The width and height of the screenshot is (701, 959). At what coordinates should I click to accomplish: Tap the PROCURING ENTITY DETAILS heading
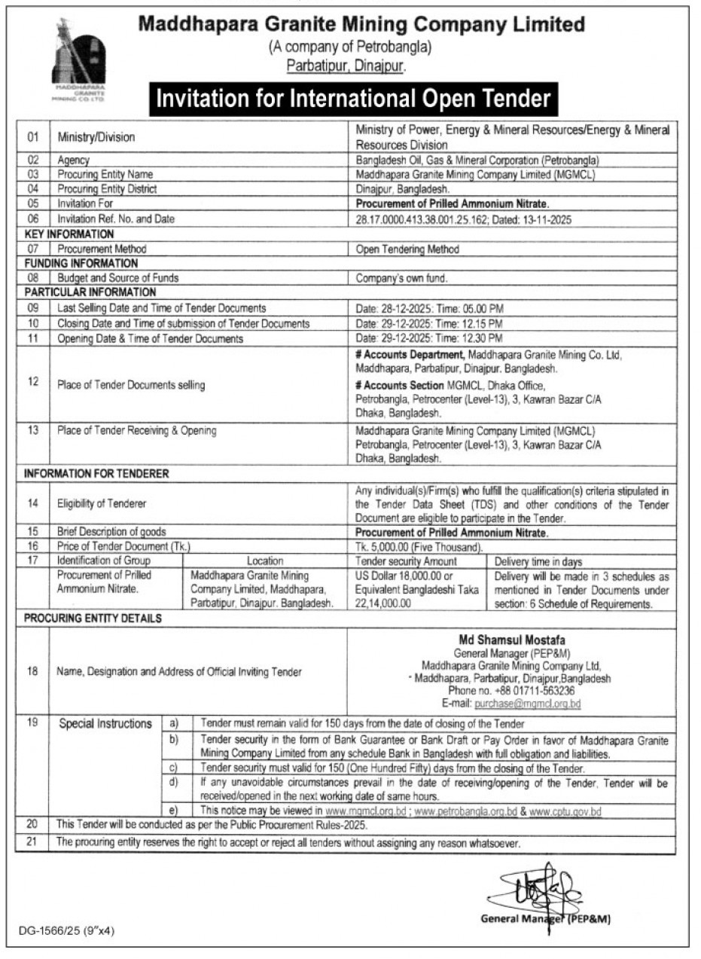pos(93,618)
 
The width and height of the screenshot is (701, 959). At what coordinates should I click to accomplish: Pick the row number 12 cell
pos(32,382)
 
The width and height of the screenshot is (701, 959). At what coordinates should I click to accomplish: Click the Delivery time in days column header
pos(538,560)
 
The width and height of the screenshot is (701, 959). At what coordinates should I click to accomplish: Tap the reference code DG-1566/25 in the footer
pos(66,931)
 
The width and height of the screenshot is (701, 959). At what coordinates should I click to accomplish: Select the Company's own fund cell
pos(401,278)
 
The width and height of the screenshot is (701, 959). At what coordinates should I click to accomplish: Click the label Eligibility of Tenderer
pos(102,502)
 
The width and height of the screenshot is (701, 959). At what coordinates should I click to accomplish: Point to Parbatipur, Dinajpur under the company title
pos(346,66)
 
